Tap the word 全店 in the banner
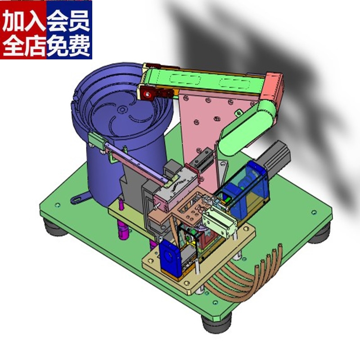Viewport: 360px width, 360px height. click(x=23, y=45)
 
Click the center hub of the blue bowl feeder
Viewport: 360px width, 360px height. click(x=121, y=109)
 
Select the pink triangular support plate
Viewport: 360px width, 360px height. click(x=202, y=126)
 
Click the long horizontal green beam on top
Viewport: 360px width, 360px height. click(x=202, y=81)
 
